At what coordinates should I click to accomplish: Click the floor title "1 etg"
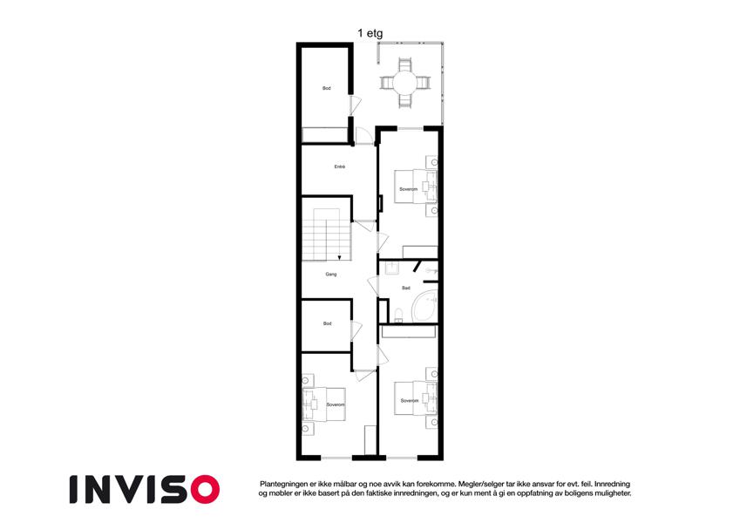click(370, 33)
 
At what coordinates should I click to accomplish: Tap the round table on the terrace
click(405, 83)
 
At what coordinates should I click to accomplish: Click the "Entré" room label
click(340, 166)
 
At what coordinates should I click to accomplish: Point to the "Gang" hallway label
click(331, 275)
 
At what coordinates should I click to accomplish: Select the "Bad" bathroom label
click(406, 288)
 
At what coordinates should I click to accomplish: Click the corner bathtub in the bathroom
click(424, 308)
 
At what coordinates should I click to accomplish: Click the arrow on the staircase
click(339, 257)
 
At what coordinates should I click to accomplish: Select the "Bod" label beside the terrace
click(327, 88)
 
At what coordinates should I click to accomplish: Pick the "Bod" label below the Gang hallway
click(328, 323)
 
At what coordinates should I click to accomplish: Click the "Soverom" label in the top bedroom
click(408, 189)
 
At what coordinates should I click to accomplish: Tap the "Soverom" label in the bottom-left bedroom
click(336, 405)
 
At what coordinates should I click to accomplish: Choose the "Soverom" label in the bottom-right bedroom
click(409, 401)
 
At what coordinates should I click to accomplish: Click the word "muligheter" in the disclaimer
click(612, 493)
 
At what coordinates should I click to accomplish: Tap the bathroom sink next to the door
click(392, 268)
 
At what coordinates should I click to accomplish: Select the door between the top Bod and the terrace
click(355, 105)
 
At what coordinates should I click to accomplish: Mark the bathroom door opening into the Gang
click(373, 287)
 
